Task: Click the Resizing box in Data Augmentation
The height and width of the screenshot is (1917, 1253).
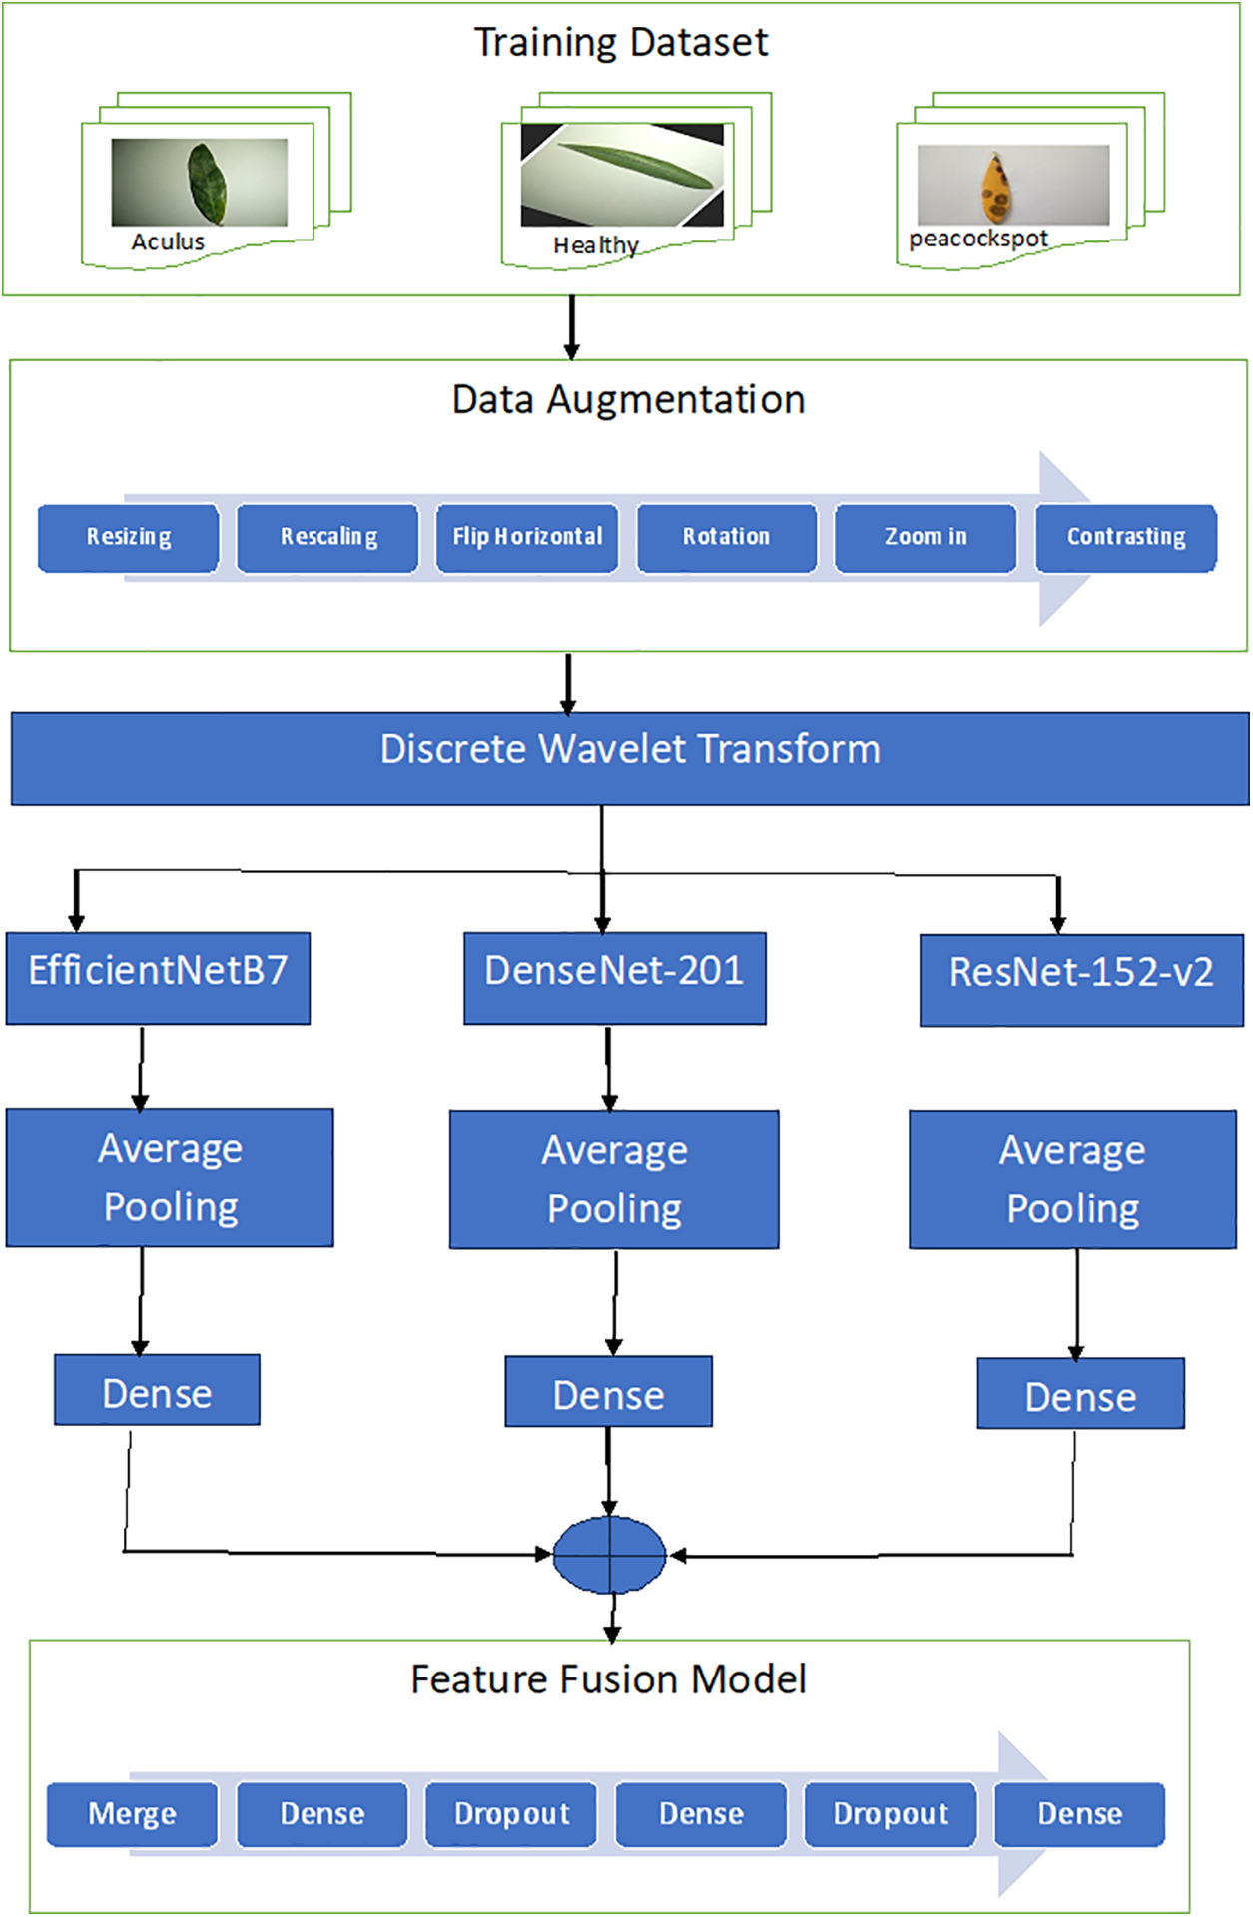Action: click(128, 538)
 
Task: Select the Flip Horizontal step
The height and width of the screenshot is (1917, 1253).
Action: click(527, 538)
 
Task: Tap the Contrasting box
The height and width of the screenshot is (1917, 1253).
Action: click(1126, 538)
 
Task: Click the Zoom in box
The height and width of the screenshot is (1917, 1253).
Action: click(926, 538)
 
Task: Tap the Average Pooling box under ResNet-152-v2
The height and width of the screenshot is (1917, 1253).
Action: click(1072, 1179)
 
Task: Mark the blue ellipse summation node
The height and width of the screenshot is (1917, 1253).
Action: click(609, 1554)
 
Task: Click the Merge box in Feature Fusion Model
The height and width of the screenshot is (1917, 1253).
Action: click(132, 1813)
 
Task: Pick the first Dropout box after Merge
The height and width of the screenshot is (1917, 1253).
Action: click(511, 1813)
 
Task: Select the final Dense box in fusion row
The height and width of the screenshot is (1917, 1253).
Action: click(1079, 1813)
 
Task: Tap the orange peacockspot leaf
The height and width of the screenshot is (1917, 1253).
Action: click(995, 187)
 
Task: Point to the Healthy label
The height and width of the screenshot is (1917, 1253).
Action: click(596, 245)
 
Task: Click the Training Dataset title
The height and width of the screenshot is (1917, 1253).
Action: click(620, 43)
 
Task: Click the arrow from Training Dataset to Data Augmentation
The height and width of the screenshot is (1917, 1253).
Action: click(572, 327)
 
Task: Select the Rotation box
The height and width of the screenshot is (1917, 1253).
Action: click(726, 538)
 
